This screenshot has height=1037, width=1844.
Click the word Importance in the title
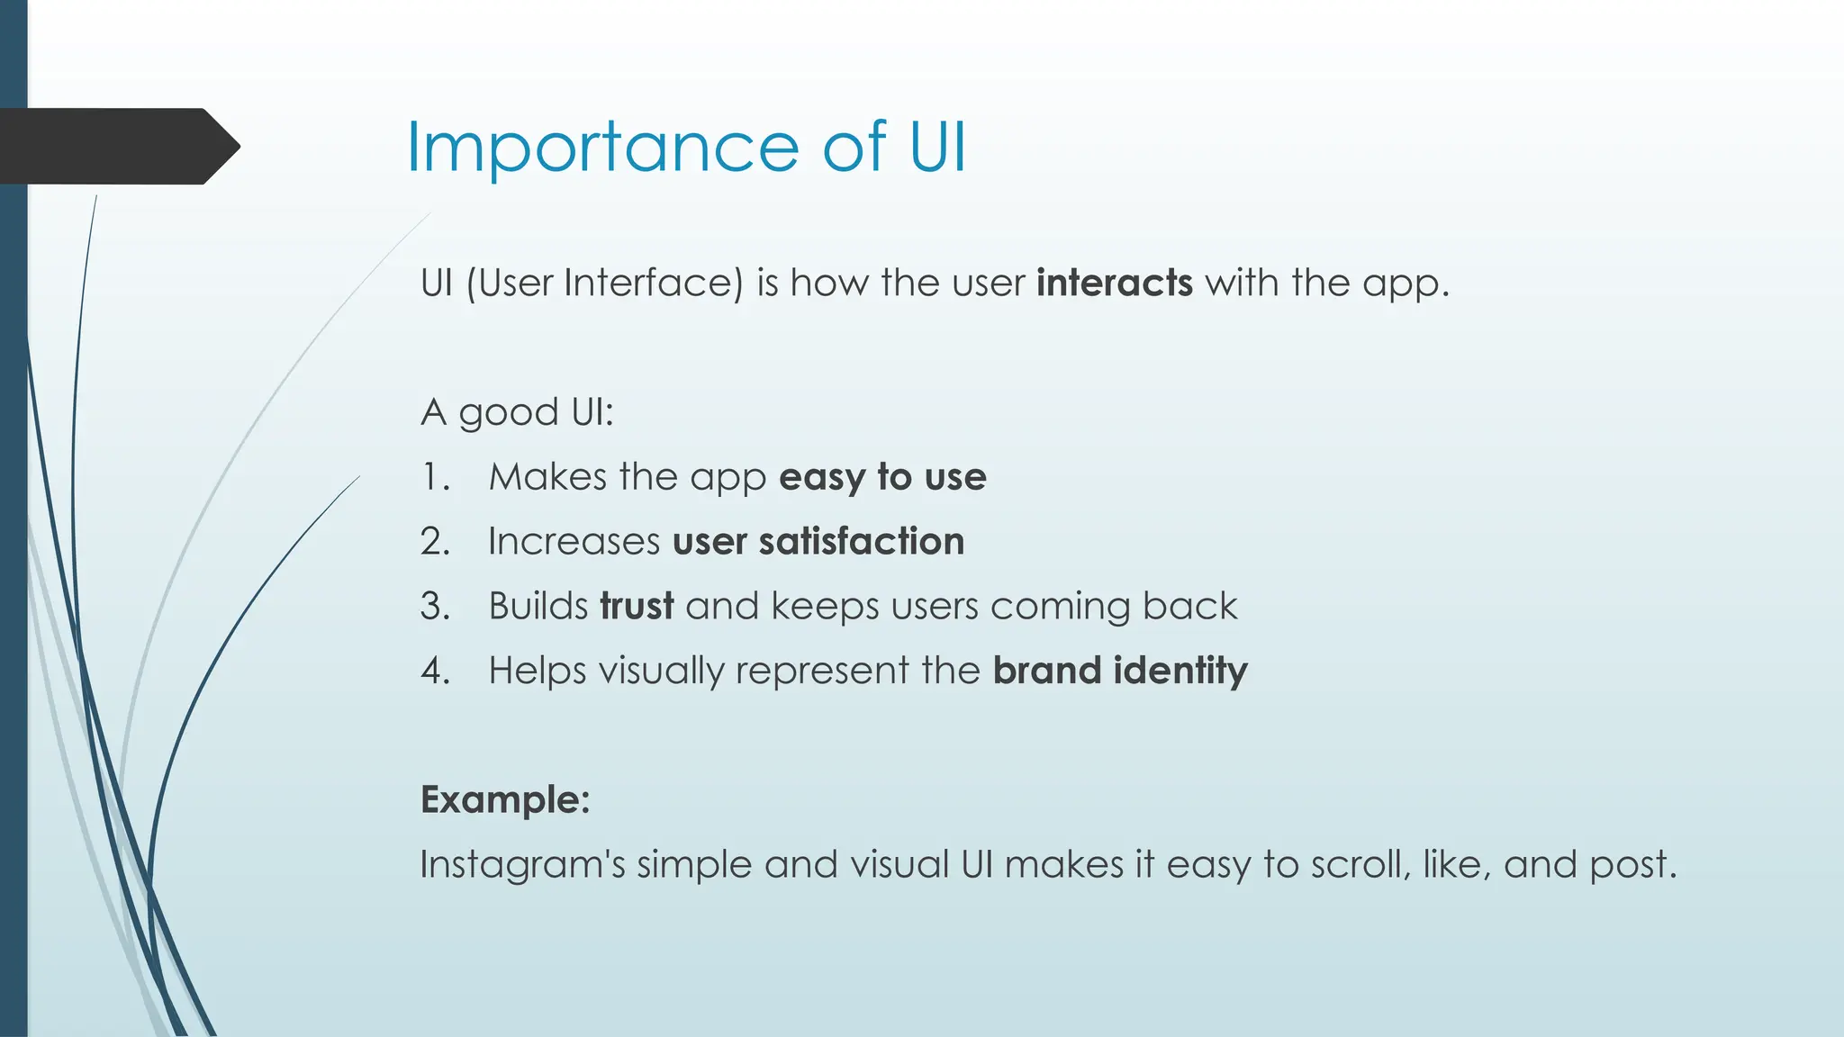[601, 148]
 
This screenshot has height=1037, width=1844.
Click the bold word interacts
[1114, 283]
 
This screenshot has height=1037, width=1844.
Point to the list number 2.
[435, 542]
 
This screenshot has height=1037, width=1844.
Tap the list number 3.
[435, 606]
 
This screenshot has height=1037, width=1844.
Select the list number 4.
[435, 671]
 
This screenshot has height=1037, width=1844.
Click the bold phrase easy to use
[882, 477]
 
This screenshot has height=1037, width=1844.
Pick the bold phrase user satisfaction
[818, 542]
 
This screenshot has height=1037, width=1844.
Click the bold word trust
[637, 606]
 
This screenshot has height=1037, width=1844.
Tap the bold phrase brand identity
[1119, 671]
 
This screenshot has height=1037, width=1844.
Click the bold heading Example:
[505, 799]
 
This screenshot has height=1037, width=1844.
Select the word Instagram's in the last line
[522, 865]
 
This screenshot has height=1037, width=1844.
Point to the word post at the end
[1632, 865]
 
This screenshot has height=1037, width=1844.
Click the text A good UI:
[517, 413]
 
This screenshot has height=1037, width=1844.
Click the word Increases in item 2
[574, 542]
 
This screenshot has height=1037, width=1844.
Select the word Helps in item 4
[537, 671]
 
